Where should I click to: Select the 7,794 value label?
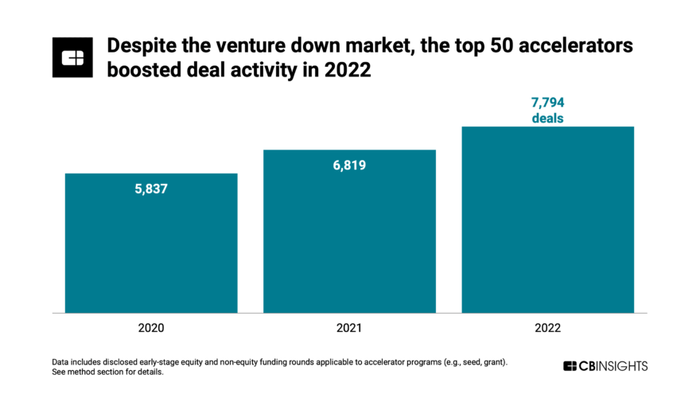548,103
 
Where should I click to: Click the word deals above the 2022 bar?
548,119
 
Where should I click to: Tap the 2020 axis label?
151,327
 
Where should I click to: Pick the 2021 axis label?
349,327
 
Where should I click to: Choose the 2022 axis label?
548,327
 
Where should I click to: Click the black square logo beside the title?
73,57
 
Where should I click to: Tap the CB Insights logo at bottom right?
605,366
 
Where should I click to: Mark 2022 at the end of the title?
351,70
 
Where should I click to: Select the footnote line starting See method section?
107,373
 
